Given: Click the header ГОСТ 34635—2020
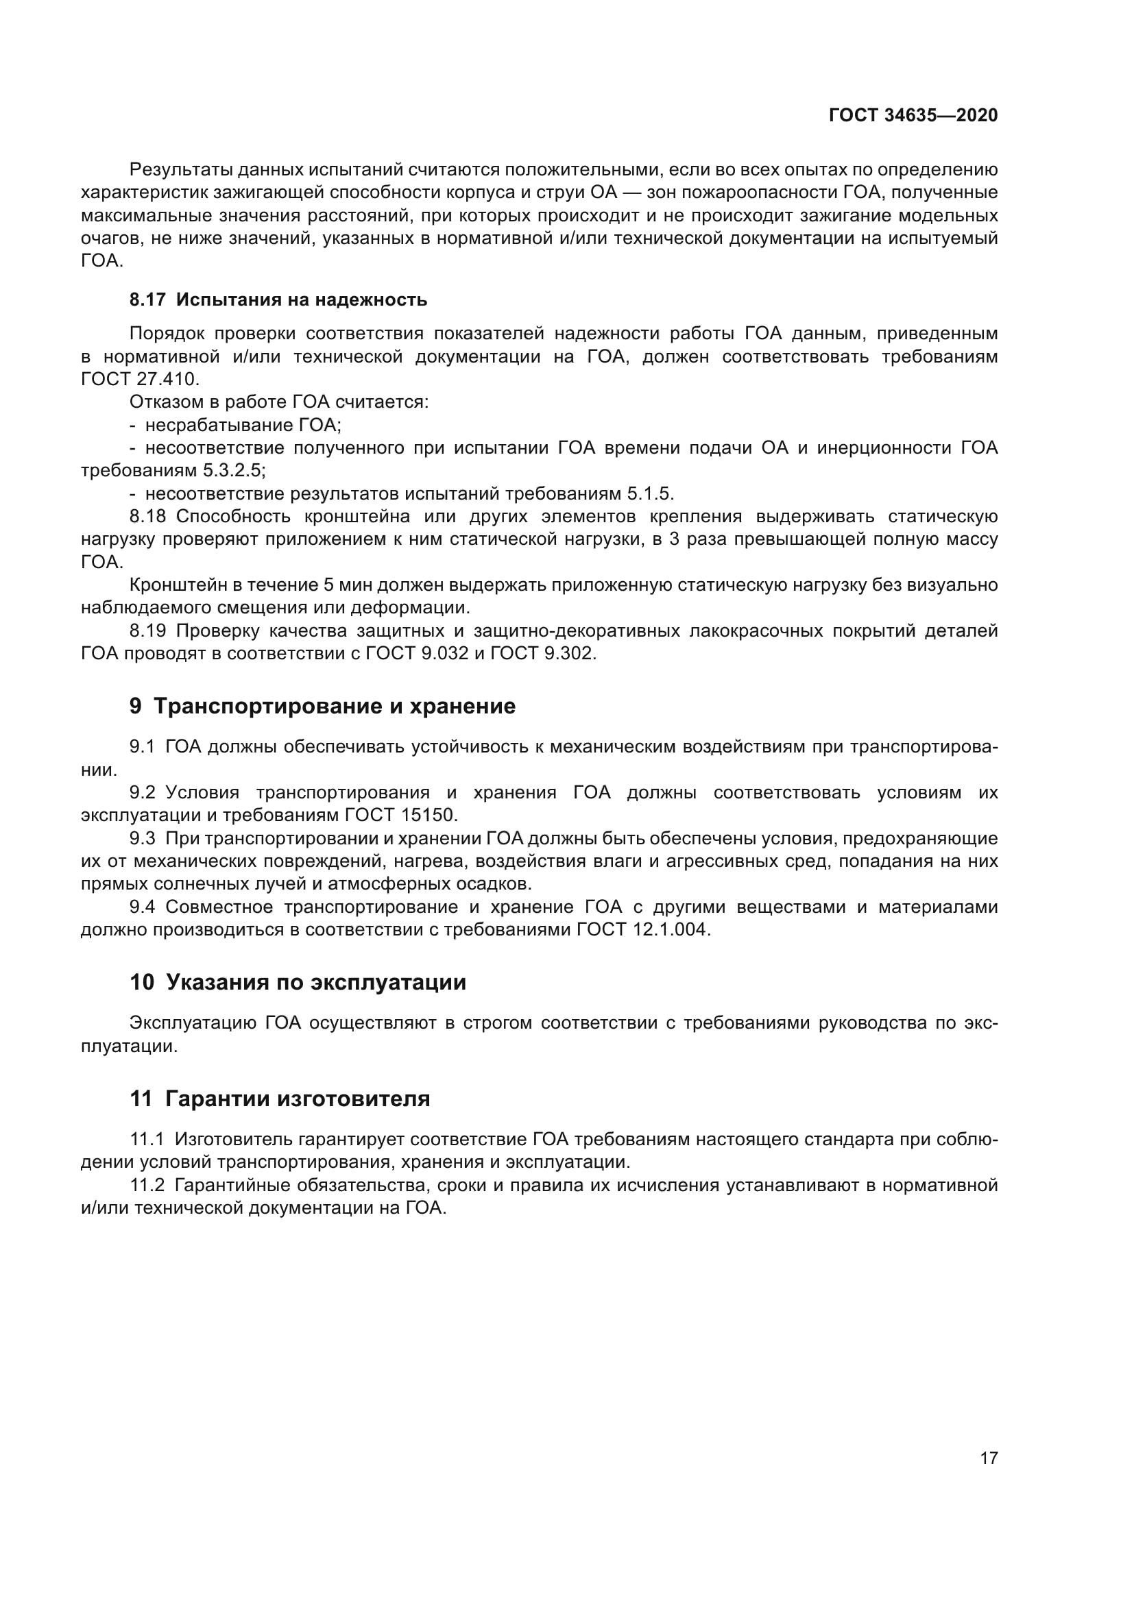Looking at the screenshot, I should coord(913,115).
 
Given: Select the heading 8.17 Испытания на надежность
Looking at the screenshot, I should coord(278,300).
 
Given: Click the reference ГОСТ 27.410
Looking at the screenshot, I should coord(140,380).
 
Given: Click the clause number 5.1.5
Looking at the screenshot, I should coord(649,494).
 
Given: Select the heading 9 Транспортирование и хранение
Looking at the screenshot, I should coord(322,707).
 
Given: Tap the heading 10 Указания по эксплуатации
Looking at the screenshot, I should coord(298,983).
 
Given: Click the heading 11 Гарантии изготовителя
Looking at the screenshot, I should coord(279,1099).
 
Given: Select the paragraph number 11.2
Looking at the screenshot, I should coord(147,1186).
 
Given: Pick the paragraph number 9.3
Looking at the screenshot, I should coord(143,838).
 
